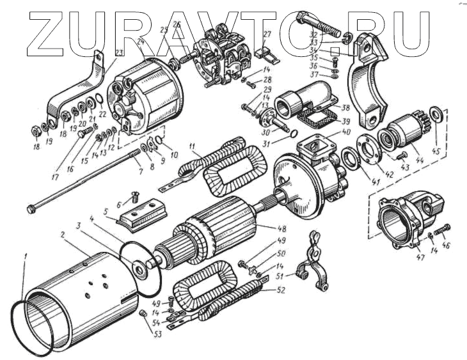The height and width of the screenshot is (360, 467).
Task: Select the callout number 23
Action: pos(120,52)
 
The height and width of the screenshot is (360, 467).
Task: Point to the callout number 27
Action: pos(267,34)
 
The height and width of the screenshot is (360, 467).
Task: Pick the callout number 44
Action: pos(420,160)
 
